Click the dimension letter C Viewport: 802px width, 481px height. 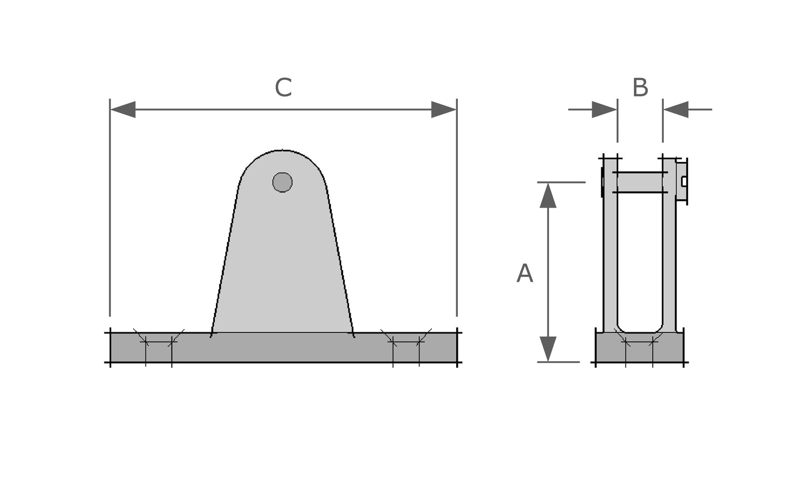coord(283,88)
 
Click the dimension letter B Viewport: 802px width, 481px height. coord(640,88)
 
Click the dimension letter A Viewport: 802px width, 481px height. coord(524,274)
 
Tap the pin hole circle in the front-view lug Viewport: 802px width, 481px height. coord(283,182)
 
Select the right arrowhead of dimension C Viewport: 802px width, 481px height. coord(443,109)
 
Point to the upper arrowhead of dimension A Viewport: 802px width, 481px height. coord(548,195)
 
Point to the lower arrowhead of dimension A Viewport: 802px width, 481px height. coord(548,349)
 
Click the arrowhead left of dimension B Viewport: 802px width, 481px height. coord(604,109)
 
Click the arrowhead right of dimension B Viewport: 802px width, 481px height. coord(676,109)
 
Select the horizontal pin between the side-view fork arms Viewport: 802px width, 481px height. coord(640,183)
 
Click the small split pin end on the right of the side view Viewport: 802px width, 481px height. coord(684,181)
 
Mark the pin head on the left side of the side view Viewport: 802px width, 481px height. coord(602,182)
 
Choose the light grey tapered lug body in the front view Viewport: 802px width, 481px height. coord(282,266)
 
